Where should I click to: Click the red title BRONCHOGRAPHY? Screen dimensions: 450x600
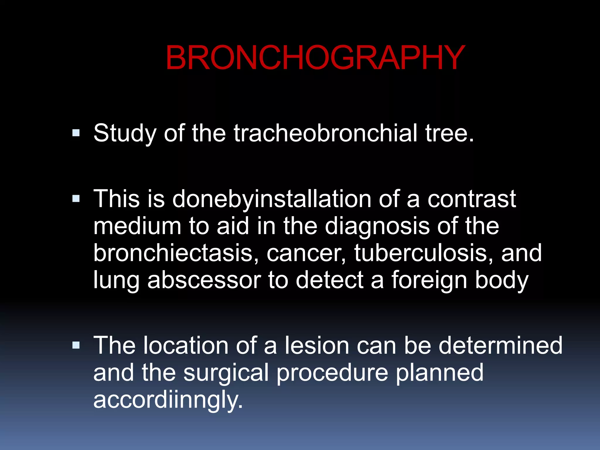pyautogui.click(x=315, y=58)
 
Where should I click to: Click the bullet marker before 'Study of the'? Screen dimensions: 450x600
pyautogui.click(x=76, y=133)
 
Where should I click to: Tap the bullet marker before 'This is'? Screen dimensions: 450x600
pyautogui.click(x=76, y=199)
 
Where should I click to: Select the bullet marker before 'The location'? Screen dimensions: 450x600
pyautogui.click(x=76, y=346)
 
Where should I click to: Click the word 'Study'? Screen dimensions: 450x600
pyautogui.click(x=125, y=134)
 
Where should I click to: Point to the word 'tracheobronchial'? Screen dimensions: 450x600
pyautogui.click(x=325, y=133)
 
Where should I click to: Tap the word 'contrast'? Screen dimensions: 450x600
pyautogui.click(x=472, y=199)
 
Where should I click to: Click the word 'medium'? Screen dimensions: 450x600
pyautogui.click(x=137, y=226)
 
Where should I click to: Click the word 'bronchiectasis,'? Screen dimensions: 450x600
pyautogui.click(x=176, y=253)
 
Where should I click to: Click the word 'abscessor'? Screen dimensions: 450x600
pyautogui.click(x=204, y=280)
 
